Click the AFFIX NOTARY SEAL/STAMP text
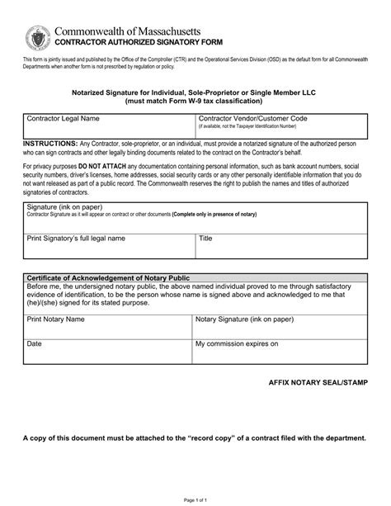click(x=316, y=385)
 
